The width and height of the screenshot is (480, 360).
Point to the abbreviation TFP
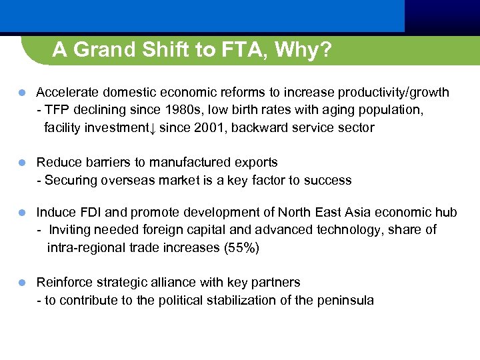pyautogui.click(x=57, y=109)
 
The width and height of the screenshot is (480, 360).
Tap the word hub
pyautogui.click(x=447, y=212)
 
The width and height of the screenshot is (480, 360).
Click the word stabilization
pyautogui.click(x=240, y=300)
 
